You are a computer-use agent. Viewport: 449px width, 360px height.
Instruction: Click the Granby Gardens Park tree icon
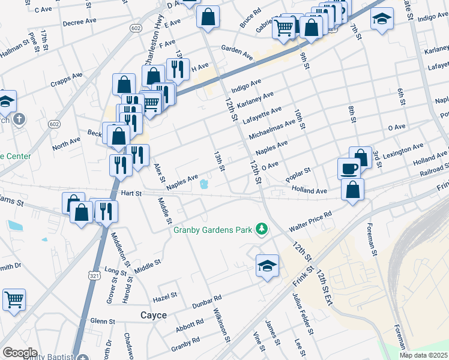261,229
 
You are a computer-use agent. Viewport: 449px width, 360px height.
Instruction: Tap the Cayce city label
153,315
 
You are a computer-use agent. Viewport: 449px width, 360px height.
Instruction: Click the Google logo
20,353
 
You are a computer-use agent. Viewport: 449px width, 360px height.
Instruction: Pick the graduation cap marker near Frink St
267,265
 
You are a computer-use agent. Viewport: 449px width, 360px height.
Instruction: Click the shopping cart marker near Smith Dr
14,298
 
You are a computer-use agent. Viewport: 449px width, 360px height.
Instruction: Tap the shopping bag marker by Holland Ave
352,188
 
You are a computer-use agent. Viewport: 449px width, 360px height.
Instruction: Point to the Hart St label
130,193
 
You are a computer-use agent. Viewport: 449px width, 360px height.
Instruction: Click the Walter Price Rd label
310,221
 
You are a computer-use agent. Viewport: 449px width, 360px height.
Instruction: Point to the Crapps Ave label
67,80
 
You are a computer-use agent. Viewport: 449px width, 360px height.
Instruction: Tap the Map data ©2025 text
424,355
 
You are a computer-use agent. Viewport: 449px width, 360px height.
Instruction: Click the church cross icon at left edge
20,119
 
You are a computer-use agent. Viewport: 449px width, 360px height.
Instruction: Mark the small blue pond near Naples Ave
204,184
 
